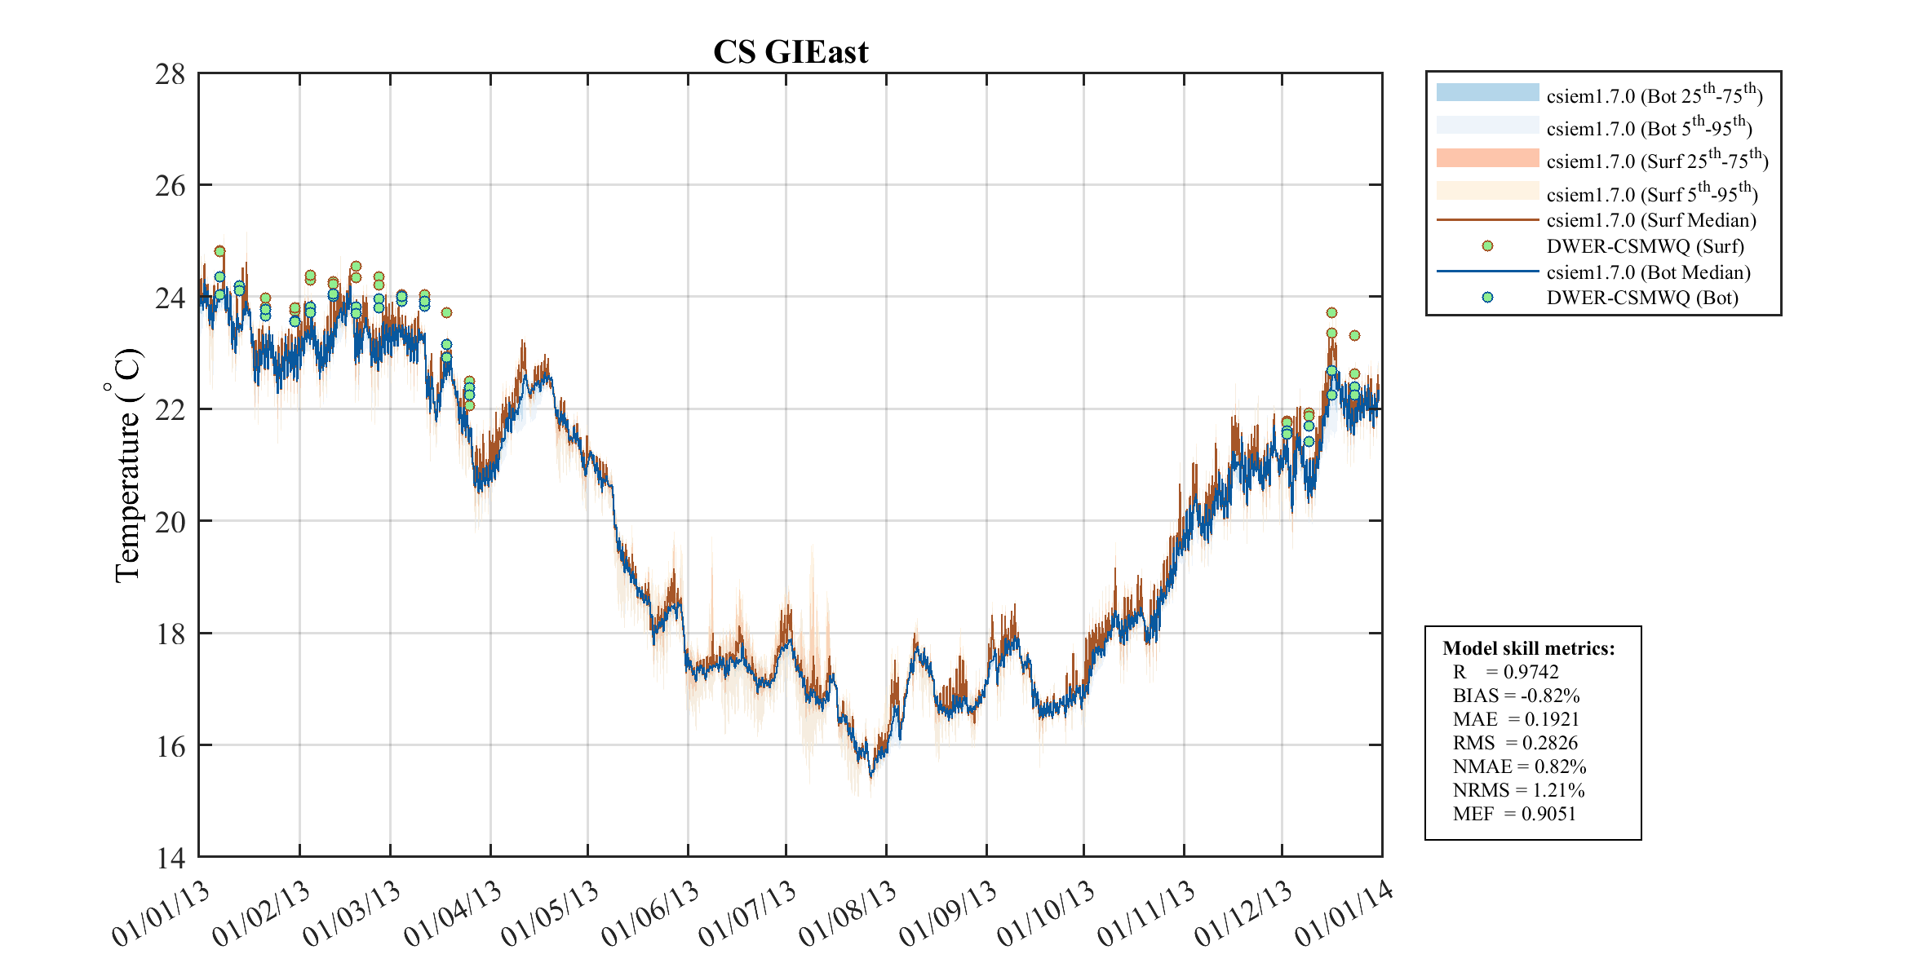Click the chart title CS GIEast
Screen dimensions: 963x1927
coord(790,52)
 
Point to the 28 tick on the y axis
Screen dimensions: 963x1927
coord(171,74)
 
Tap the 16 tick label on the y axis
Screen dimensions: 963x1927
coord(171,746)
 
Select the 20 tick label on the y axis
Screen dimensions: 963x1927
coord(171,522)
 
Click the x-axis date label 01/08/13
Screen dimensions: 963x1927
coord(848,914)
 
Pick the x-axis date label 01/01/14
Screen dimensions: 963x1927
coord(1344,914)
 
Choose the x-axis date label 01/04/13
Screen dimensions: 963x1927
coord(454,914)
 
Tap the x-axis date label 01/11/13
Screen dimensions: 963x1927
coord(1146,914)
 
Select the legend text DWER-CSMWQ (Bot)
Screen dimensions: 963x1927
coord(1641,298)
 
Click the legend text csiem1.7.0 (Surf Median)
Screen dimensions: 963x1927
coord(1651,220)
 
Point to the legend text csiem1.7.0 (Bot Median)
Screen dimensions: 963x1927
coord(1648,272)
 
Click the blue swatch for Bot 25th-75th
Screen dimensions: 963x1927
coord(1487,92)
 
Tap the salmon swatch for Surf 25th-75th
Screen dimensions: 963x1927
coord(1487,158)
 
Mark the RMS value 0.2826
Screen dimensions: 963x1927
coord(1549,743)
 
